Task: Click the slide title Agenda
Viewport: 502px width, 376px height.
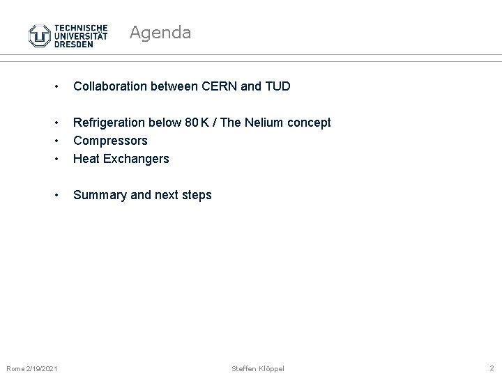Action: click(160, 32)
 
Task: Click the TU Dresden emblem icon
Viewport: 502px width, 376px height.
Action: click(39, 36)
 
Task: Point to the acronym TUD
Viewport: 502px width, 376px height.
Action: click(277, 86)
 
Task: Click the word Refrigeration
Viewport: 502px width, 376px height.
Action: click(109, 123)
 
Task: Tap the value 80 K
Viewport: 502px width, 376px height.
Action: click(197, 123)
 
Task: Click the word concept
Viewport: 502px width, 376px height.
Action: click(310, 123)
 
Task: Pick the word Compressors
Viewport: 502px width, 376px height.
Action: click(110, 141)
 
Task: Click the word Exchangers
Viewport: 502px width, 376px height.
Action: click(137, 159)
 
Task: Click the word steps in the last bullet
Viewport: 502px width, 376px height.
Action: click(195, 195)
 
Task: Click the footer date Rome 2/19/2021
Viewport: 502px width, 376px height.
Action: click(32, 368)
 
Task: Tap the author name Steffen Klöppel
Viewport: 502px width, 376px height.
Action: click(258, 368)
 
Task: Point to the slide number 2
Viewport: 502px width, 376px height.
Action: click(492, 367)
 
